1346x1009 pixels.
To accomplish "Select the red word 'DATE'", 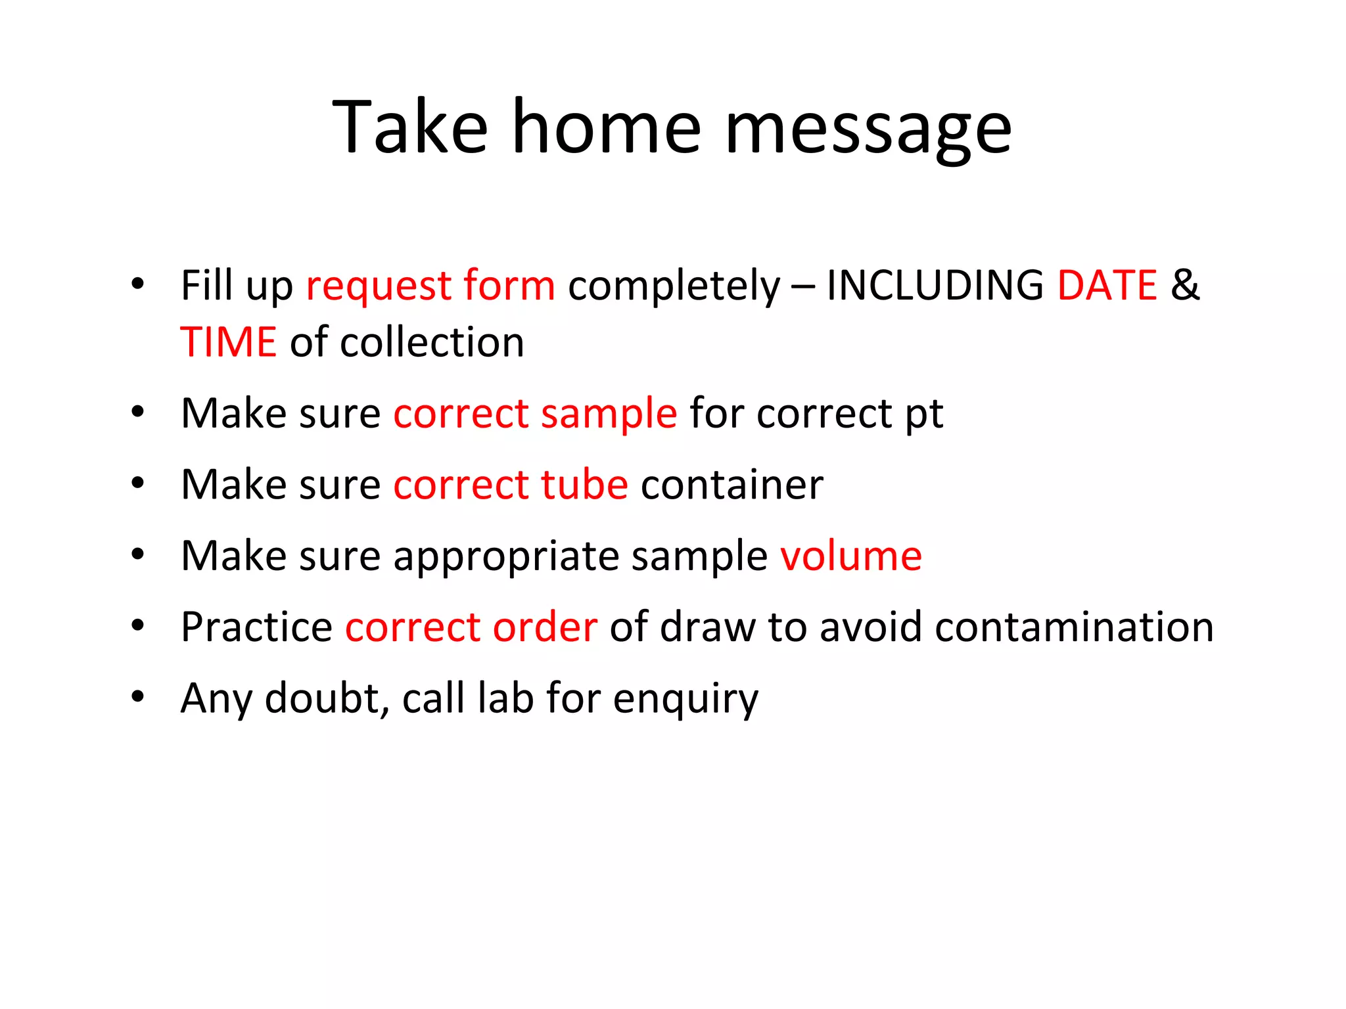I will tap(1107, 285).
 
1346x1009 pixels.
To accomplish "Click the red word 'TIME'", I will tap(229, 342).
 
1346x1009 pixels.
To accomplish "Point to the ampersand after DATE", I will tap(1185, 285).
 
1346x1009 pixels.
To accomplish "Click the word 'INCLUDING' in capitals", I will tap(935, 285).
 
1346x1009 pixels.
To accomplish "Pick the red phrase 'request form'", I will tap(430, 286).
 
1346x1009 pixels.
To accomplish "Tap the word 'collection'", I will tap(432, 342).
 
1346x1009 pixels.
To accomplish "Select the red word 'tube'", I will tap(584, 485).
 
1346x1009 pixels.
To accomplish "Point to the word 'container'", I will tap(731, 485).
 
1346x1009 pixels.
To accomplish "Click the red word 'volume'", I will tap(851, 556).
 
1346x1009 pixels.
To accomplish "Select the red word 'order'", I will tap(545, 627).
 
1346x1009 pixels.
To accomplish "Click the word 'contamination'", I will tap(1074, 627).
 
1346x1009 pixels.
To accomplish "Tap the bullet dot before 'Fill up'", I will tap(137, 284).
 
